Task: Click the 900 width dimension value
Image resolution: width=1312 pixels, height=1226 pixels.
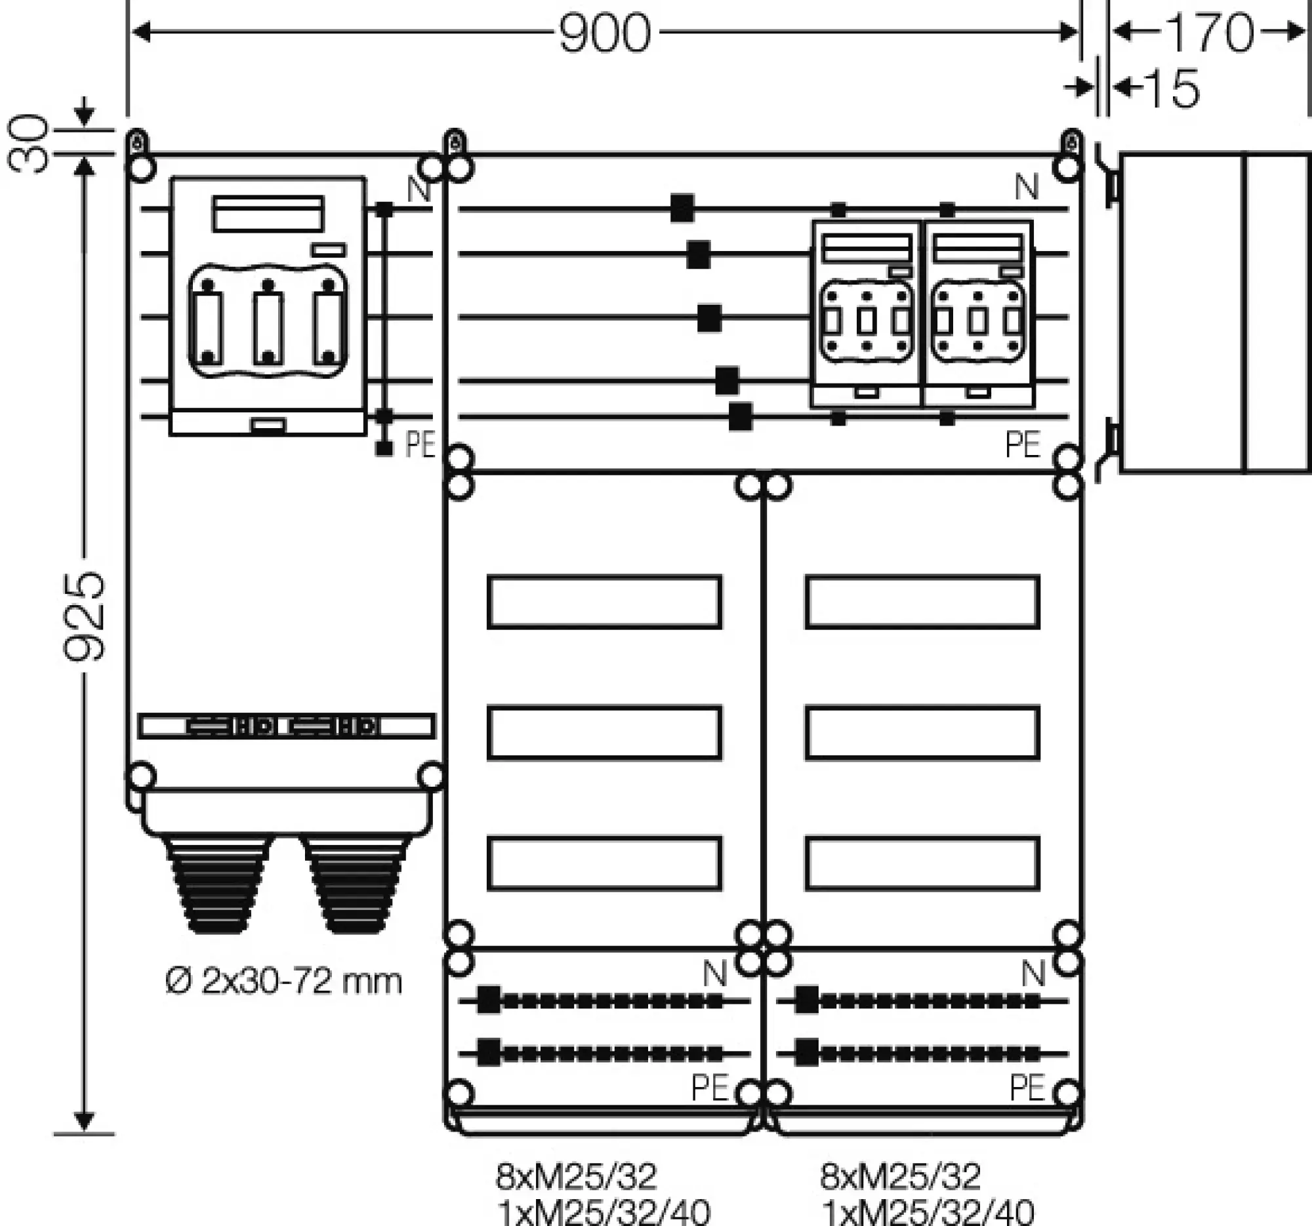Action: [x=605, y=33]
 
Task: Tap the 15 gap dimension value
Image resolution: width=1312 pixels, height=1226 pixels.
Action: [x=1173, y=88]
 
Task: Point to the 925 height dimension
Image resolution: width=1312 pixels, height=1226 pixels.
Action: [x=85, y=617]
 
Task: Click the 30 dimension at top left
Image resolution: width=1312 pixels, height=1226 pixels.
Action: [x=29, y=143]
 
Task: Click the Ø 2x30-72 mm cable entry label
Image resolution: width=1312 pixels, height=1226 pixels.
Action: [x=283, y=981]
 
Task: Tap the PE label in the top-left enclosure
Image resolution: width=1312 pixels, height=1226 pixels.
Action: [x=420, y=445]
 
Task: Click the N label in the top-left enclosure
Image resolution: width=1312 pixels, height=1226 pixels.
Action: [x=419, y=189]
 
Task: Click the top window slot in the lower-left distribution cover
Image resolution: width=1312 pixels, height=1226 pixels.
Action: [x=604, y=601]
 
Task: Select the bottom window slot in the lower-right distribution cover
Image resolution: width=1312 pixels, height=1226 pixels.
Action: [x=922, y=863]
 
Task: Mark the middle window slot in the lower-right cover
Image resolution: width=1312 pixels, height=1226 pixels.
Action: [x=922, y=732]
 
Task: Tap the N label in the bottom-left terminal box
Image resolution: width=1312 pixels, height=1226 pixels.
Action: [x=715, y=974]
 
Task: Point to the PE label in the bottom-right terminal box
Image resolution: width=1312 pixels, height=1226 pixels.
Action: [x=1027, y=1088]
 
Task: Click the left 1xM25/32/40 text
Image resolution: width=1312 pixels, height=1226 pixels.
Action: [x=604, y=1212]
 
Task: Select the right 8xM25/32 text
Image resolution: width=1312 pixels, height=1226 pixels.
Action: [x=900, y=1176]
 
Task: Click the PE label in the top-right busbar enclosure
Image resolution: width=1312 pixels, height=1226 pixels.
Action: [x=1022, y=445]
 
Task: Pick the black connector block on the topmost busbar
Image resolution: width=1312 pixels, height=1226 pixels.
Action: [x=682, y=208]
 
